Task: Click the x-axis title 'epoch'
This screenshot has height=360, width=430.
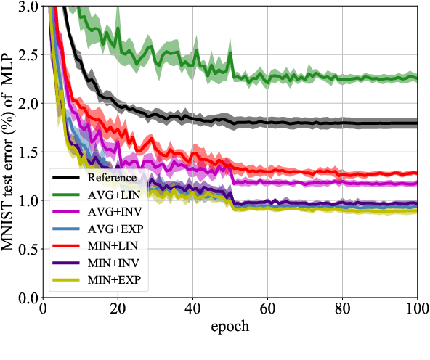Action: [230, 326]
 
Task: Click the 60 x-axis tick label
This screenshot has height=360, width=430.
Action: [267, 309]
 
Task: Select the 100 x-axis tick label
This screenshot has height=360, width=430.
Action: [416, 309]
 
